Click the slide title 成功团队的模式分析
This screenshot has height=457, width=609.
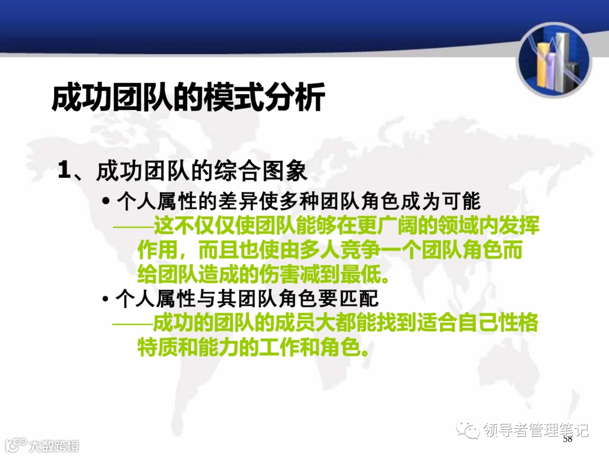(x=188, y=98)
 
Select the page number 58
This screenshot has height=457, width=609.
(x=567, y=439)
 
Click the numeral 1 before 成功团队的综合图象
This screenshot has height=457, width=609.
(x=64, y=171)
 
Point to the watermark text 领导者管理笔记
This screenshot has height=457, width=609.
(x=536, y=430)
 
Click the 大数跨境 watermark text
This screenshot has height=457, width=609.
(x=54, y=446)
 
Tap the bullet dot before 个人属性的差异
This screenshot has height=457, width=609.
(x=105, y=202)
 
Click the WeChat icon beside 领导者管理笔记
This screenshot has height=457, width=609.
(x=467, y=430)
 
